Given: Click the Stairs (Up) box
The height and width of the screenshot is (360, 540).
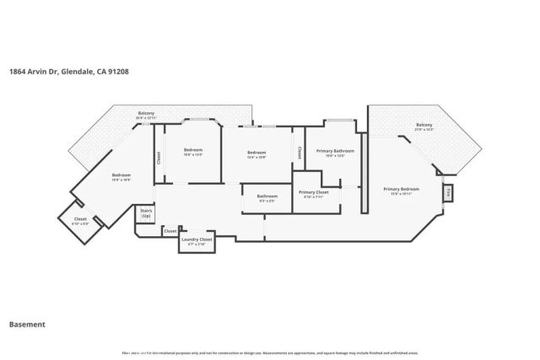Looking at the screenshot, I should pos(145,214).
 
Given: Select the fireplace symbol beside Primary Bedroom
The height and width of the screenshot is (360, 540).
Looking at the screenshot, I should pos(448,192).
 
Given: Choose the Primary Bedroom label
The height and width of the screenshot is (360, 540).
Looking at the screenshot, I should pos(401,191).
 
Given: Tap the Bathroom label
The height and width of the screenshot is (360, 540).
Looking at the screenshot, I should pos(267,197).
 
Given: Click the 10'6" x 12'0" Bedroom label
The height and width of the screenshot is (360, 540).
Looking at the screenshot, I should pos(193,152).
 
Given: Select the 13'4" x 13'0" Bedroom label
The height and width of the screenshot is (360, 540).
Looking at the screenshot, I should pos(256,154).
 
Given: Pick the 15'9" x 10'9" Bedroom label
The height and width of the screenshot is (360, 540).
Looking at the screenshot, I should pos(121,177).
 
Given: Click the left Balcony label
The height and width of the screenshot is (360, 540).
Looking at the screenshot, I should pos(147,114).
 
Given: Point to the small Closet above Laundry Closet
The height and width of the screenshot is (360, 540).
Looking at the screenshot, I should pos(170,230).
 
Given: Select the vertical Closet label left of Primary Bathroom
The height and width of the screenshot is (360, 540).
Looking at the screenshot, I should pos(299,153).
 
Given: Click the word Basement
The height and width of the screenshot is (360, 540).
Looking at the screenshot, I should pos(27,324).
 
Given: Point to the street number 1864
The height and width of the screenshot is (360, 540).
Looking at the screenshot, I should pos(17,72).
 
